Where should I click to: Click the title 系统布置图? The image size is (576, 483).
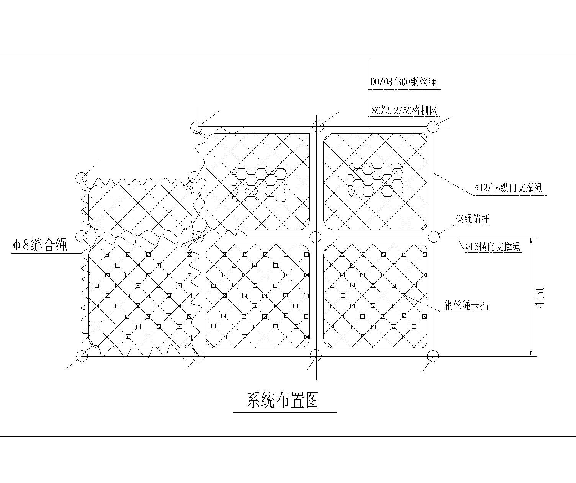pyautogui.click(x=283, y=400)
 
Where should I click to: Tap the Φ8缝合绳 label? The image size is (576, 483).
pyautogui.click(x=40, y=245)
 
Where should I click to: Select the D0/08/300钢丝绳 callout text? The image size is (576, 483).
pyautogui.click(x=403, y=82)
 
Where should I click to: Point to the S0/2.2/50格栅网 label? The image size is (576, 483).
pyautogui.click(x=405, y=111)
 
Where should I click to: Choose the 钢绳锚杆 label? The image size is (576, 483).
pyautogui.click(x=472, y=219)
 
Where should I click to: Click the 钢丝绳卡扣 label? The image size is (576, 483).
pyautogui.click(x=466, y=305)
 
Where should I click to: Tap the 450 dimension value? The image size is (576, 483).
pyautogui.click(x=540, y=296)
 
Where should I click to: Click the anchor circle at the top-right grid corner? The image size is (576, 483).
pyautogui.click(x=433, y=126)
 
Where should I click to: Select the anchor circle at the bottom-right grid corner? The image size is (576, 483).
pyautogui.click(x=433, y=356)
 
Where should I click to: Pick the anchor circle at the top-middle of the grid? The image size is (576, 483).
pyautogui.click(x=317, y=126)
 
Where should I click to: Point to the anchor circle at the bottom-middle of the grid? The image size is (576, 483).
pyautogui.click(x=315, y=355)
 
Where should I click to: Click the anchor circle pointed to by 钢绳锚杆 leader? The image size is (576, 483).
pyautogui.click(x=433, y=237)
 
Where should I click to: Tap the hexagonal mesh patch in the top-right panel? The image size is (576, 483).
pyautogui.click(x=375, y=180)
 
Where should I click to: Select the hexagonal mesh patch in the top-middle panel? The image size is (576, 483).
pyautogui.click(x=260, y=185)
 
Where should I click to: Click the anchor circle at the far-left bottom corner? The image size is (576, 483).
pyautogui.click(x=82, y=356)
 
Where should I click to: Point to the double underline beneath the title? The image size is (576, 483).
pyautogui.click(x=285, y=412)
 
